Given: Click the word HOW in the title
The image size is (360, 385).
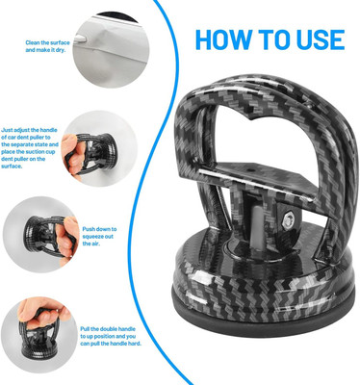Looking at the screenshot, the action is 223,39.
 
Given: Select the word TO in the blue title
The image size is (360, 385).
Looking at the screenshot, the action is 273,39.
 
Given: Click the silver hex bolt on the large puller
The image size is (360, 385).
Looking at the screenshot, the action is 289,220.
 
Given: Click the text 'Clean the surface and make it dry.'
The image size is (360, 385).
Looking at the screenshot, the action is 47,46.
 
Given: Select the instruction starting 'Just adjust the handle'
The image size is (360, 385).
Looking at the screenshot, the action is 30,148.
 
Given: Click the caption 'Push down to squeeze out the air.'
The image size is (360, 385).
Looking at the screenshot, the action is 99,237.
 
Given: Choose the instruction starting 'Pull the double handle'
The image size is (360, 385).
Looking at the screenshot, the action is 111,336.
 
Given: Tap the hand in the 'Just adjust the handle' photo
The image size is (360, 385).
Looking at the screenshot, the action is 71,156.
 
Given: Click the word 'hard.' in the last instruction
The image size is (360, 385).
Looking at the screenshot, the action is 135,344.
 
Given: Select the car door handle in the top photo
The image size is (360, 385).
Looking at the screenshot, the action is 80,39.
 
